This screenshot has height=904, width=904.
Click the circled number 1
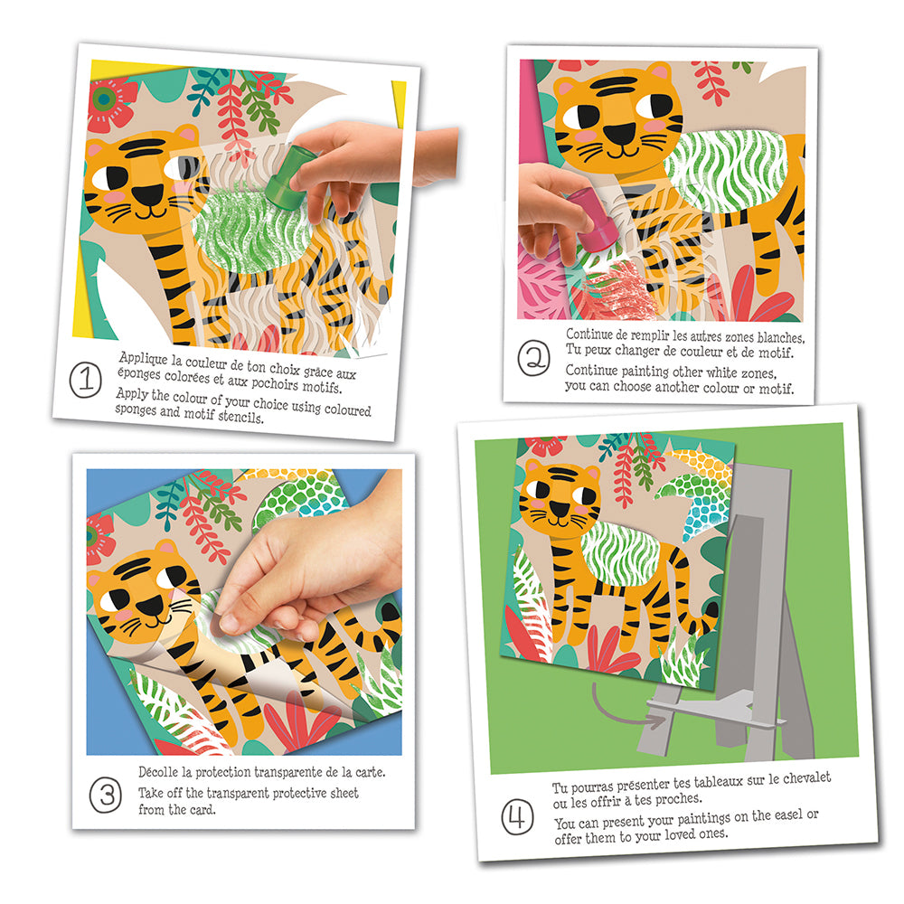85,380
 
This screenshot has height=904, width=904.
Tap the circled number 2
534,358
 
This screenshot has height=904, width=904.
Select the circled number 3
106,796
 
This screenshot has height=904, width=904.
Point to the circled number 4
517,817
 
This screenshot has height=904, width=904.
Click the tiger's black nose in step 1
149,196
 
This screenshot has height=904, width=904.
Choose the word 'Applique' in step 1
143,358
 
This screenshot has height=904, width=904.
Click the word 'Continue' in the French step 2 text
589,334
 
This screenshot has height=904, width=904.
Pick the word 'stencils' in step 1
240,416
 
